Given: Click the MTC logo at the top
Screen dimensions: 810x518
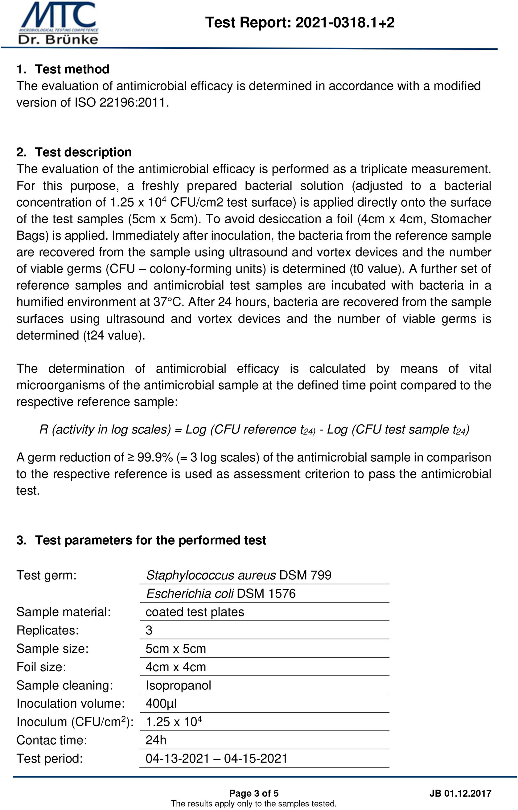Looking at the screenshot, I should click(59, 23).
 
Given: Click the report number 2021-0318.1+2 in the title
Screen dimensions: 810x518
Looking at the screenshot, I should click(345, 23).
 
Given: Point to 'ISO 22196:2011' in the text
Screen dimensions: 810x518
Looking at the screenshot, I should click(121, 102).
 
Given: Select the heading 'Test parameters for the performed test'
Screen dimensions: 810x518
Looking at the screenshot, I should click(150, 540).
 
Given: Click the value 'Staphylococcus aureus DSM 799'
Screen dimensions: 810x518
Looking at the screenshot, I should click(238, 575).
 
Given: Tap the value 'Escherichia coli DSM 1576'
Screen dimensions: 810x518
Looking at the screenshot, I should click(221, 593).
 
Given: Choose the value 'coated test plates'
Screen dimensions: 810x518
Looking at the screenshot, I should click(195, 612).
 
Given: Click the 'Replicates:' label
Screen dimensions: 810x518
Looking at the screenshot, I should click(47, 630).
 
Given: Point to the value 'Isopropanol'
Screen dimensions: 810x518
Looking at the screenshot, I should click(178, 685).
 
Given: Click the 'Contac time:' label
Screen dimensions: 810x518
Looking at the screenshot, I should click(52, 740).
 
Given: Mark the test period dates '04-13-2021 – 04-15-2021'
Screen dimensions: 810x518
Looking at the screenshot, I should click(216, 758).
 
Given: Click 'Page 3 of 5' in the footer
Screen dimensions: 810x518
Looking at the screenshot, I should click(254, 794).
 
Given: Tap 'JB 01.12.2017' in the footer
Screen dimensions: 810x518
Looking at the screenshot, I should click(460, 794).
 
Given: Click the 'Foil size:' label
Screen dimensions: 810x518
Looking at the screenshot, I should click(41, 667).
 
